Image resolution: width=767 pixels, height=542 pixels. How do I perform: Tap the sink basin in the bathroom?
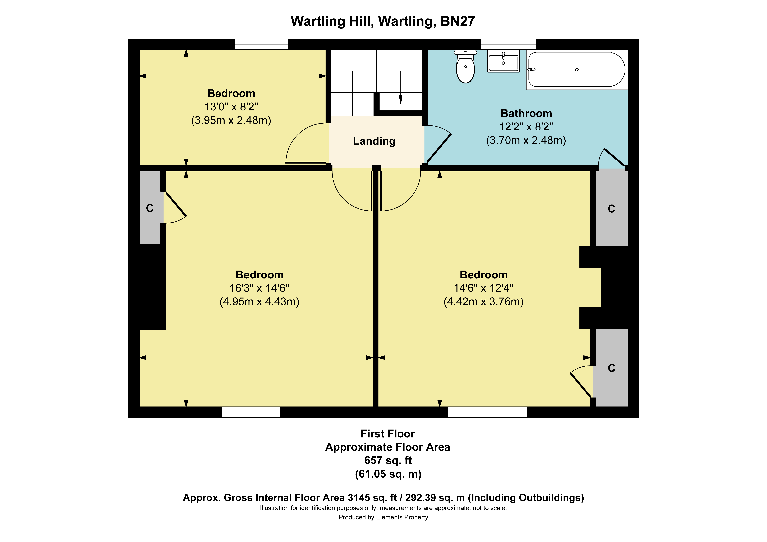click(x=503, y=61)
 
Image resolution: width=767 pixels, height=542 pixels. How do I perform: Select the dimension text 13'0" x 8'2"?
click(x=231, y=107)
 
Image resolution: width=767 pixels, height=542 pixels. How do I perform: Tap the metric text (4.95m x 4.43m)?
click(x=260, y=302)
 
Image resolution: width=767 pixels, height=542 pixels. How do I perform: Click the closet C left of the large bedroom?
click(x=150, y=208)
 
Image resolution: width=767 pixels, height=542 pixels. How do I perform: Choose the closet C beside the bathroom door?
click(x=612, y=208)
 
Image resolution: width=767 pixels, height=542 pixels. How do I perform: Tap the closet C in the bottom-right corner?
click(x=612, y=368)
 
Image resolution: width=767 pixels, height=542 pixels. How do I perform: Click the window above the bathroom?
click(x=508, y=44)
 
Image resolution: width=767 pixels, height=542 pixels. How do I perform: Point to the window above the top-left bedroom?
click(x=262, y=44)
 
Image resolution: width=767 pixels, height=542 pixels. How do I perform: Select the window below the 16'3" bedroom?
click(x=251, y=412)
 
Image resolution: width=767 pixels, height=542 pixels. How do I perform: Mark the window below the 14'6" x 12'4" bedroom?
click(x=488, y=412)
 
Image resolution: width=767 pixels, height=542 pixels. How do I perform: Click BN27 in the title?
click(x=458, y=21)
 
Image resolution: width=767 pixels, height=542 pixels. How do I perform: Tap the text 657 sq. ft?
click(x=388, y=460)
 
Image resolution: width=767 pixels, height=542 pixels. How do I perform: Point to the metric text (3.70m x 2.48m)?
click(x=526, y=140)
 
